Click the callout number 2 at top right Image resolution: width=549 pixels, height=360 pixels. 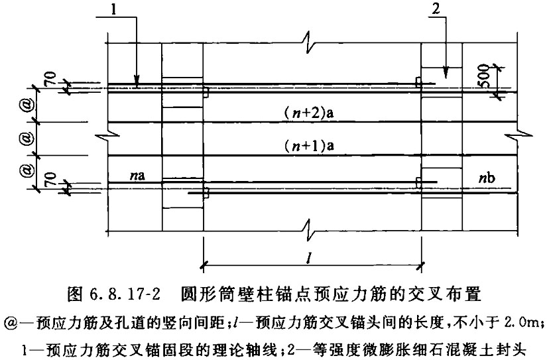[x=435, y=9]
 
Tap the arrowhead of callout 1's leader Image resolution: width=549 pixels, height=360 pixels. [x=137, y=80]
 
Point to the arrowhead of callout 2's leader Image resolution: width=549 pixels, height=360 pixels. [x=446, y=72]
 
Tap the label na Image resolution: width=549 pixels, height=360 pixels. [x=137, y=175]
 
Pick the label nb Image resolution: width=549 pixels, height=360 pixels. [x=487, y=178]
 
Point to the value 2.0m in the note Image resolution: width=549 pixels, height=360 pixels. [x=522, y=322]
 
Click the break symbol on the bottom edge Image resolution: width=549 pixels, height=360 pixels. [x=309, y=231]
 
